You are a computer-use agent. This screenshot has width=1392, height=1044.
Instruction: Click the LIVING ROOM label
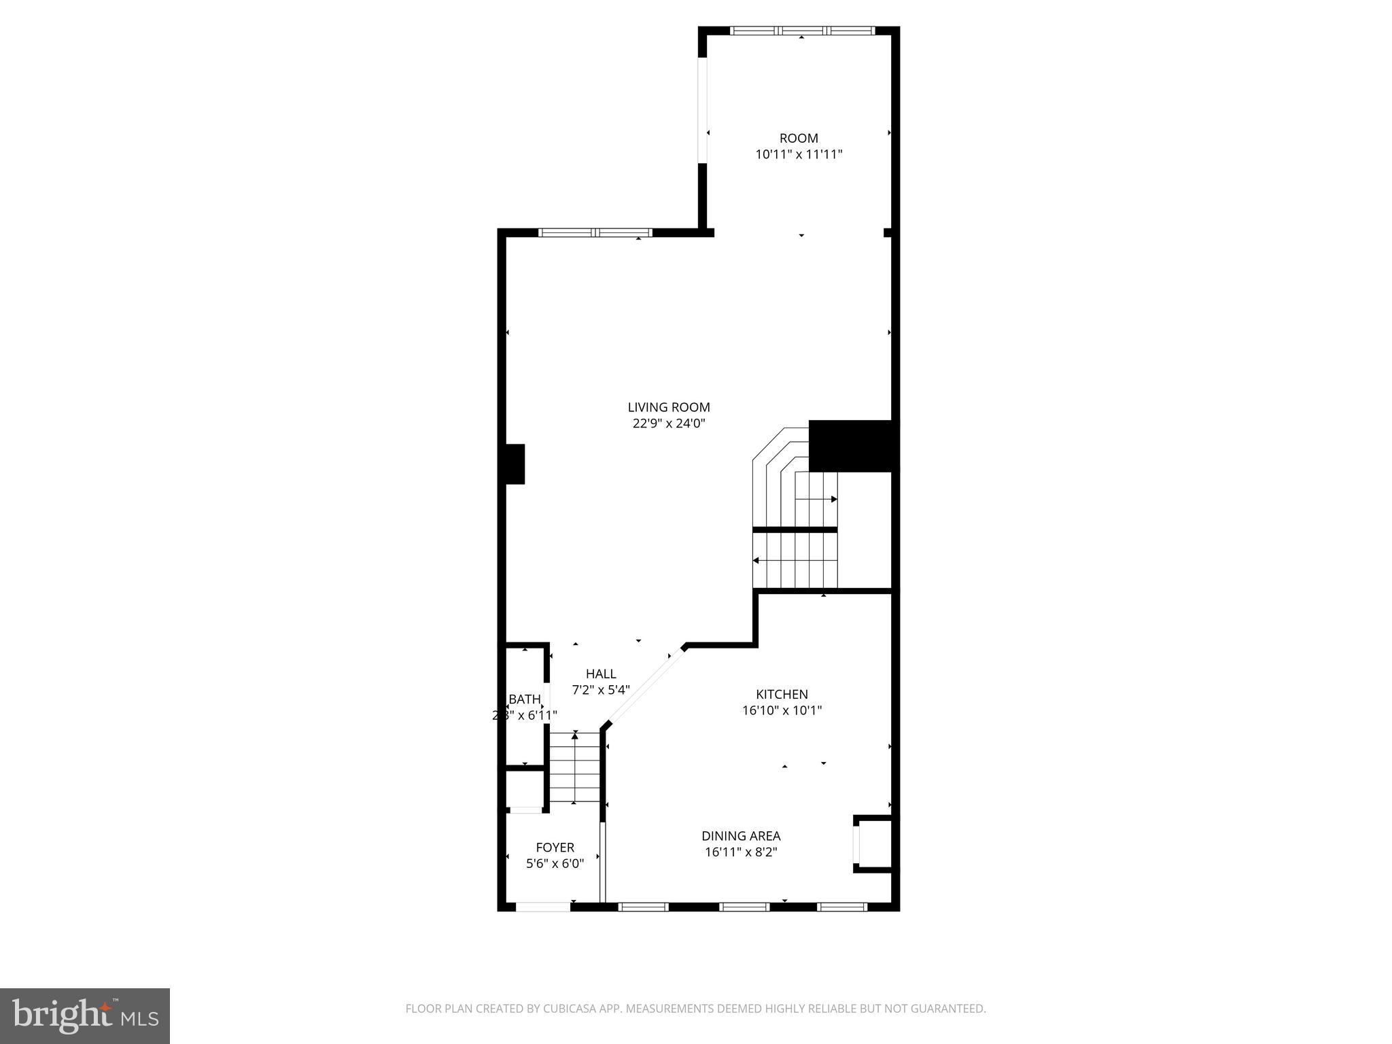pyautogui.click(x=669, y=407)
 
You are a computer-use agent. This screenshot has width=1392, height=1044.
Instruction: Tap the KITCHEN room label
pyautogui.click(x=782, y=694)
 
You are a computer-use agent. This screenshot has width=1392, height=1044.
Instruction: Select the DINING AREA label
pyautogui.click(x=741, y=836)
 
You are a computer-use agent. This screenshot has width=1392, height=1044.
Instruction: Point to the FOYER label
pyautogui.click(x=555, y=847)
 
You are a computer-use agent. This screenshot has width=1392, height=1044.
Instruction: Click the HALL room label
pyautogui.click(x=601, y=674)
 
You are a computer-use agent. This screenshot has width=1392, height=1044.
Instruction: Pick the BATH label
pyautogui.click(x=525, y=699)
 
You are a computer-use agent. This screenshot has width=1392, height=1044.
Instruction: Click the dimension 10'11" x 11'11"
pyautogui.click(x=799, y=154)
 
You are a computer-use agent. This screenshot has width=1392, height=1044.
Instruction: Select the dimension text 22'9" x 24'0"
pyautogui.click(x=669, y=423)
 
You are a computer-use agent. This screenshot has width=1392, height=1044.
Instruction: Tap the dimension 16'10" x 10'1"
pyautogui.click(x=782, y=710)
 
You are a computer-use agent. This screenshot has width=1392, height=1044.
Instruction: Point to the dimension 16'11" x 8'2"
pyautogui.click(x=741, y=852)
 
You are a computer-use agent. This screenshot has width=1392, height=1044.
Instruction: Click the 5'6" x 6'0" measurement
pyautogui.click(x=555, y=864)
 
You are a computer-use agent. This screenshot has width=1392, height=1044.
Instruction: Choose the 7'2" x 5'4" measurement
pyautogui.click(x=601, y=690)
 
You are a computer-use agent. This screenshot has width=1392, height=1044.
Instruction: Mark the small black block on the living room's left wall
pyautogui.click(x=515, y=464)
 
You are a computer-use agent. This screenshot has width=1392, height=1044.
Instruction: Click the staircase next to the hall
pyautogui.click(x=574, y=767)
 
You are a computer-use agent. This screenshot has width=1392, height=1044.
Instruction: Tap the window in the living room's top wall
pyautogui.click(x=595, y=232)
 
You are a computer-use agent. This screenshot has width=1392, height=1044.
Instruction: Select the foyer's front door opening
pyautogui.click(x=543, y=906)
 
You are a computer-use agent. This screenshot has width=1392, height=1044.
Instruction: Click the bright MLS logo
pyautogui.click(x=85, y=1015)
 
